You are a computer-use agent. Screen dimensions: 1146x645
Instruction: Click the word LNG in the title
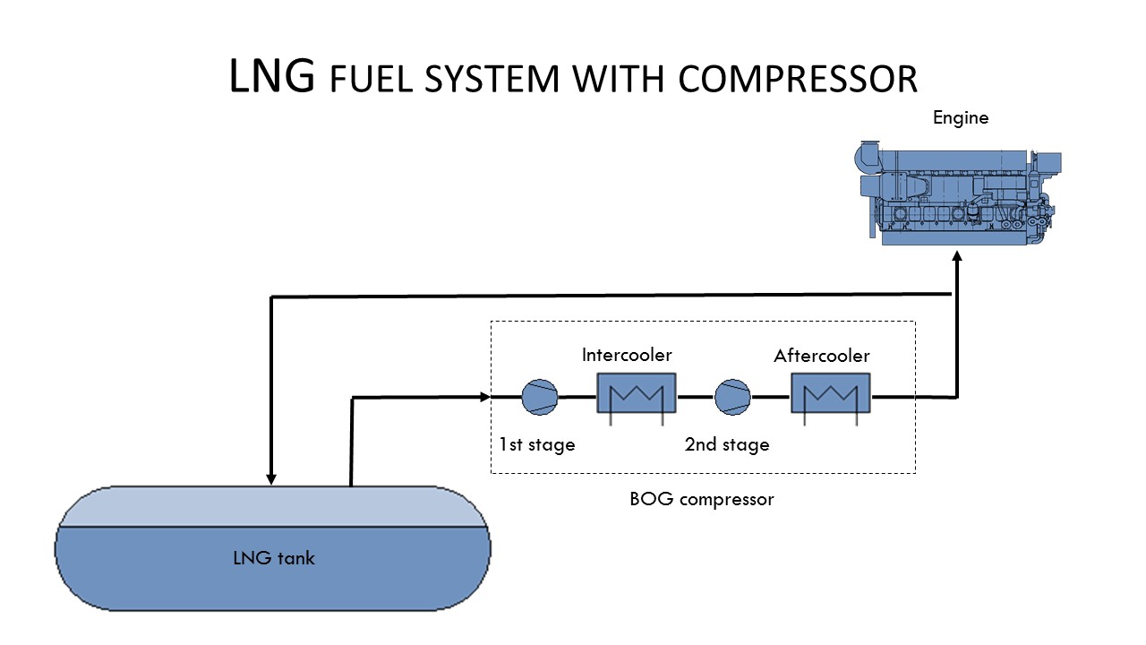[x=271, y=76]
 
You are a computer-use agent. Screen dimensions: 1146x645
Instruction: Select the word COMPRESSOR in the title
[x=798, y=79]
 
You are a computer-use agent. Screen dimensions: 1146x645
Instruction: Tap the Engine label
[x=961, y=118]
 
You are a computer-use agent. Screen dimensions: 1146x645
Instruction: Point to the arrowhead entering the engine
[x=957, y=256]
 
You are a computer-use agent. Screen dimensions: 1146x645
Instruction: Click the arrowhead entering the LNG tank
[x=271, y=478]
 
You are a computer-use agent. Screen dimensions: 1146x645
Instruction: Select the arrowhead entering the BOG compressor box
[x=484, y=397]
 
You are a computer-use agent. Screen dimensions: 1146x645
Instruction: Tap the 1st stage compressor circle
[x=540, y=397]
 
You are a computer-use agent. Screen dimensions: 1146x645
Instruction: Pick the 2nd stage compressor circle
[x=732, y=397]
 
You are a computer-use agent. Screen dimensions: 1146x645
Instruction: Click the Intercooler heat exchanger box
[x=637, y=393]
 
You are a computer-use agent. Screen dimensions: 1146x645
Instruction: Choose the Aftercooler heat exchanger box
[x=830, y=393]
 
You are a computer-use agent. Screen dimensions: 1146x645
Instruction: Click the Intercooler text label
[x=627, y=355]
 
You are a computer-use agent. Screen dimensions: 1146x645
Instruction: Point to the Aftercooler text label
[x=822, y=356]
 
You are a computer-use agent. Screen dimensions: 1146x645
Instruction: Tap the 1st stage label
[x=537, y=444]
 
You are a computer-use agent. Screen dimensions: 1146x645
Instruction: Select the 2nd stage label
[x=727, y=444]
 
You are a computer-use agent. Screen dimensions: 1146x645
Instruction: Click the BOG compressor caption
[x=701, y=499]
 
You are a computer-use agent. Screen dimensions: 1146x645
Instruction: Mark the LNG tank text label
[x=274, y=558]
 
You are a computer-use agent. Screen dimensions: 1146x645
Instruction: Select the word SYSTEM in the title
[x=492, y=79]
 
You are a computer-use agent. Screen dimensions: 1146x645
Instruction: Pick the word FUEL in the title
[x=371, y=79]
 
